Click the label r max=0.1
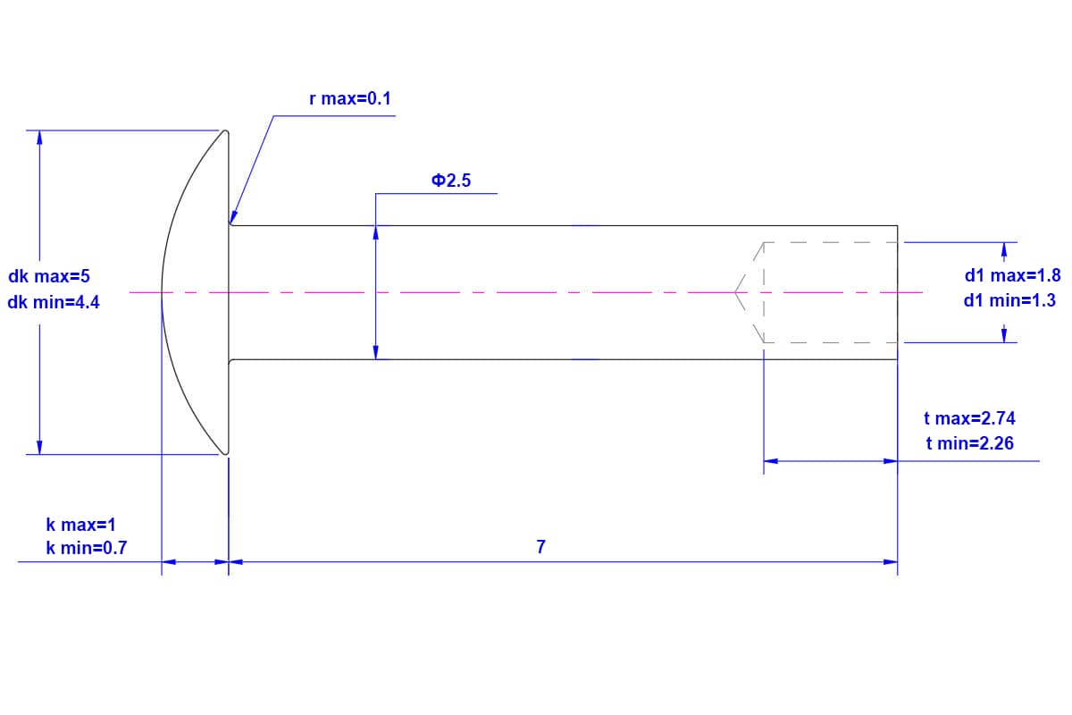(350, 98)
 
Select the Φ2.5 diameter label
(451, 181)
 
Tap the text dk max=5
(49, 276)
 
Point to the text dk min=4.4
(54, 302)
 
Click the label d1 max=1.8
(1012, 275)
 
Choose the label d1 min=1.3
(1009, 300)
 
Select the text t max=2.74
(969, 418)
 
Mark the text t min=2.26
(969, 443)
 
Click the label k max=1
(81, 525)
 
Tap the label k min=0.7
(87, 548)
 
